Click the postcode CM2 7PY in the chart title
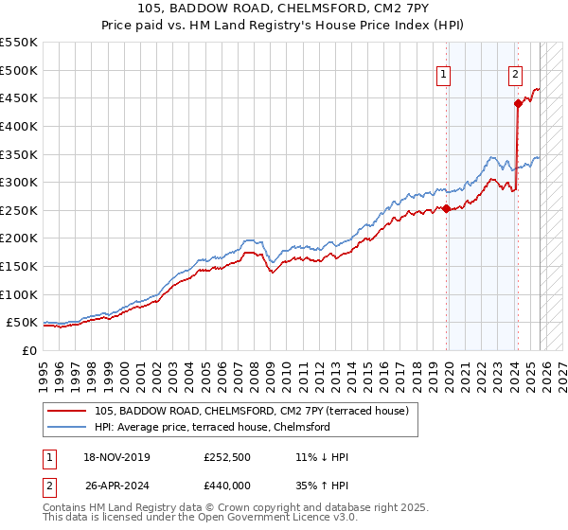(377, 9)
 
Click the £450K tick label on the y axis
(19, 97)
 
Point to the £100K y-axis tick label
(19, 294)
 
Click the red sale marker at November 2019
(446, 209)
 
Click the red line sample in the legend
(68, 411)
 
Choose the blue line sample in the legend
(68, 427)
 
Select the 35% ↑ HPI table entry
(322, 484)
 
